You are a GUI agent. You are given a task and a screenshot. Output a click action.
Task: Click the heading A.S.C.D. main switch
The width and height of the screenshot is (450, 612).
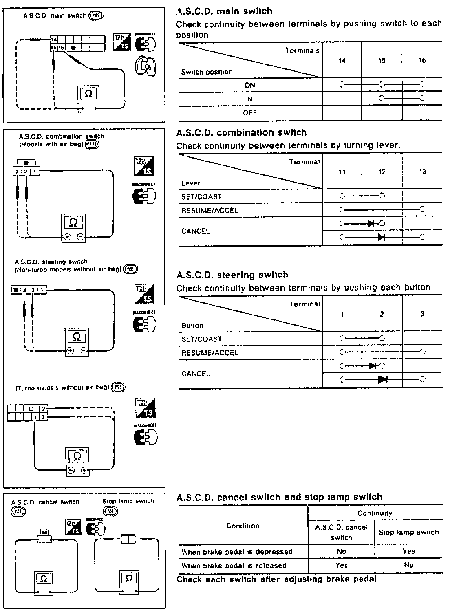pos(224,11)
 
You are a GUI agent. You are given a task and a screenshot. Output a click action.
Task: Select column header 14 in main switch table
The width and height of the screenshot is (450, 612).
pos(342,61)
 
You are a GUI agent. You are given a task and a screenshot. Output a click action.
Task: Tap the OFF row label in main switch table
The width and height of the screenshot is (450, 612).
pos(249,113)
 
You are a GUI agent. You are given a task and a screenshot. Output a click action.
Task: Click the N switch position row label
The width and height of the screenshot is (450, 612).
pos(249,99)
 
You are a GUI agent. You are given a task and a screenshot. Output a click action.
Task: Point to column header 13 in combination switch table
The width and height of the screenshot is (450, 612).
pos(422,172)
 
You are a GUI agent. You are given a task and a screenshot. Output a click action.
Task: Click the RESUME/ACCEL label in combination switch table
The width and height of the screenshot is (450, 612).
pos(209,211)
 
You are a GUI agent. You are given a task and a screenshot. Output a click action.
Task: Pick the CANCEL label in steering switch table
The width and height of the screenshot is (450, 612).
pos(195,374)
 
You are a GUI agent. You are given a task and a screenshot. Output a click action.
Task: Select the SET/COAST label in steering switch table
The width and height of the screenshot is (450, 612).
pos(201,339)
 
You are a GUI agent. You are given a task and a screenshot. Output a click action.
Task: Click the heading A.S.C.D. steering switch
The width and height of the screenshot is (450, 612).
pos(232,275)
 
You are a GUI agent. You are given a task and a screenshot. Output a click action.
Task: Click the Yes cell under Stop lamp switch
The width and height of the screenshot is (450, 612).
pos(408,551)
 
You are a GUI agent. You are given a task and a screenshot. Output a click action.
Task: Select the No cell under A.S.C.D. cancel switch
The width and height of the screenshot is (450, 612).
pos(342,551)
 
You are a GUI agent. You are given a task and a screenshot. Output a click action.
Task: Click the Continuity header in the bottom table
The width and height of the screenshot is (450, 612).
pos(375,513)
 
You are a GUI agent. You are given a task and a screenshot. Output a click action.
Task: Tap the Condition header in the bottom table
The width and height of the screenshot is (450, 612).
pos(243,526)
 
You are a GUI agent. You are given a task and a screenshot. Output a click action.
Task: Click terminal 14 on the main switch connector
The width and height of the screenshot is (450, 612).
pos(54,40)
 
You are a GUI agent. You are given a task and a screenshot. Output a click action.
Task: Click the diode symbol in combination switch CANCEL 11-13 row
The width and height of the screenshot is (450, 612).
pos(382,237)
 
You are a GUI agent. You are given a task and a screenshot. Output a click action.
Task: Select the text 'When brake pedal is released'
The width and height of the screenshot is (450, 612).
pos(234,566)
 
